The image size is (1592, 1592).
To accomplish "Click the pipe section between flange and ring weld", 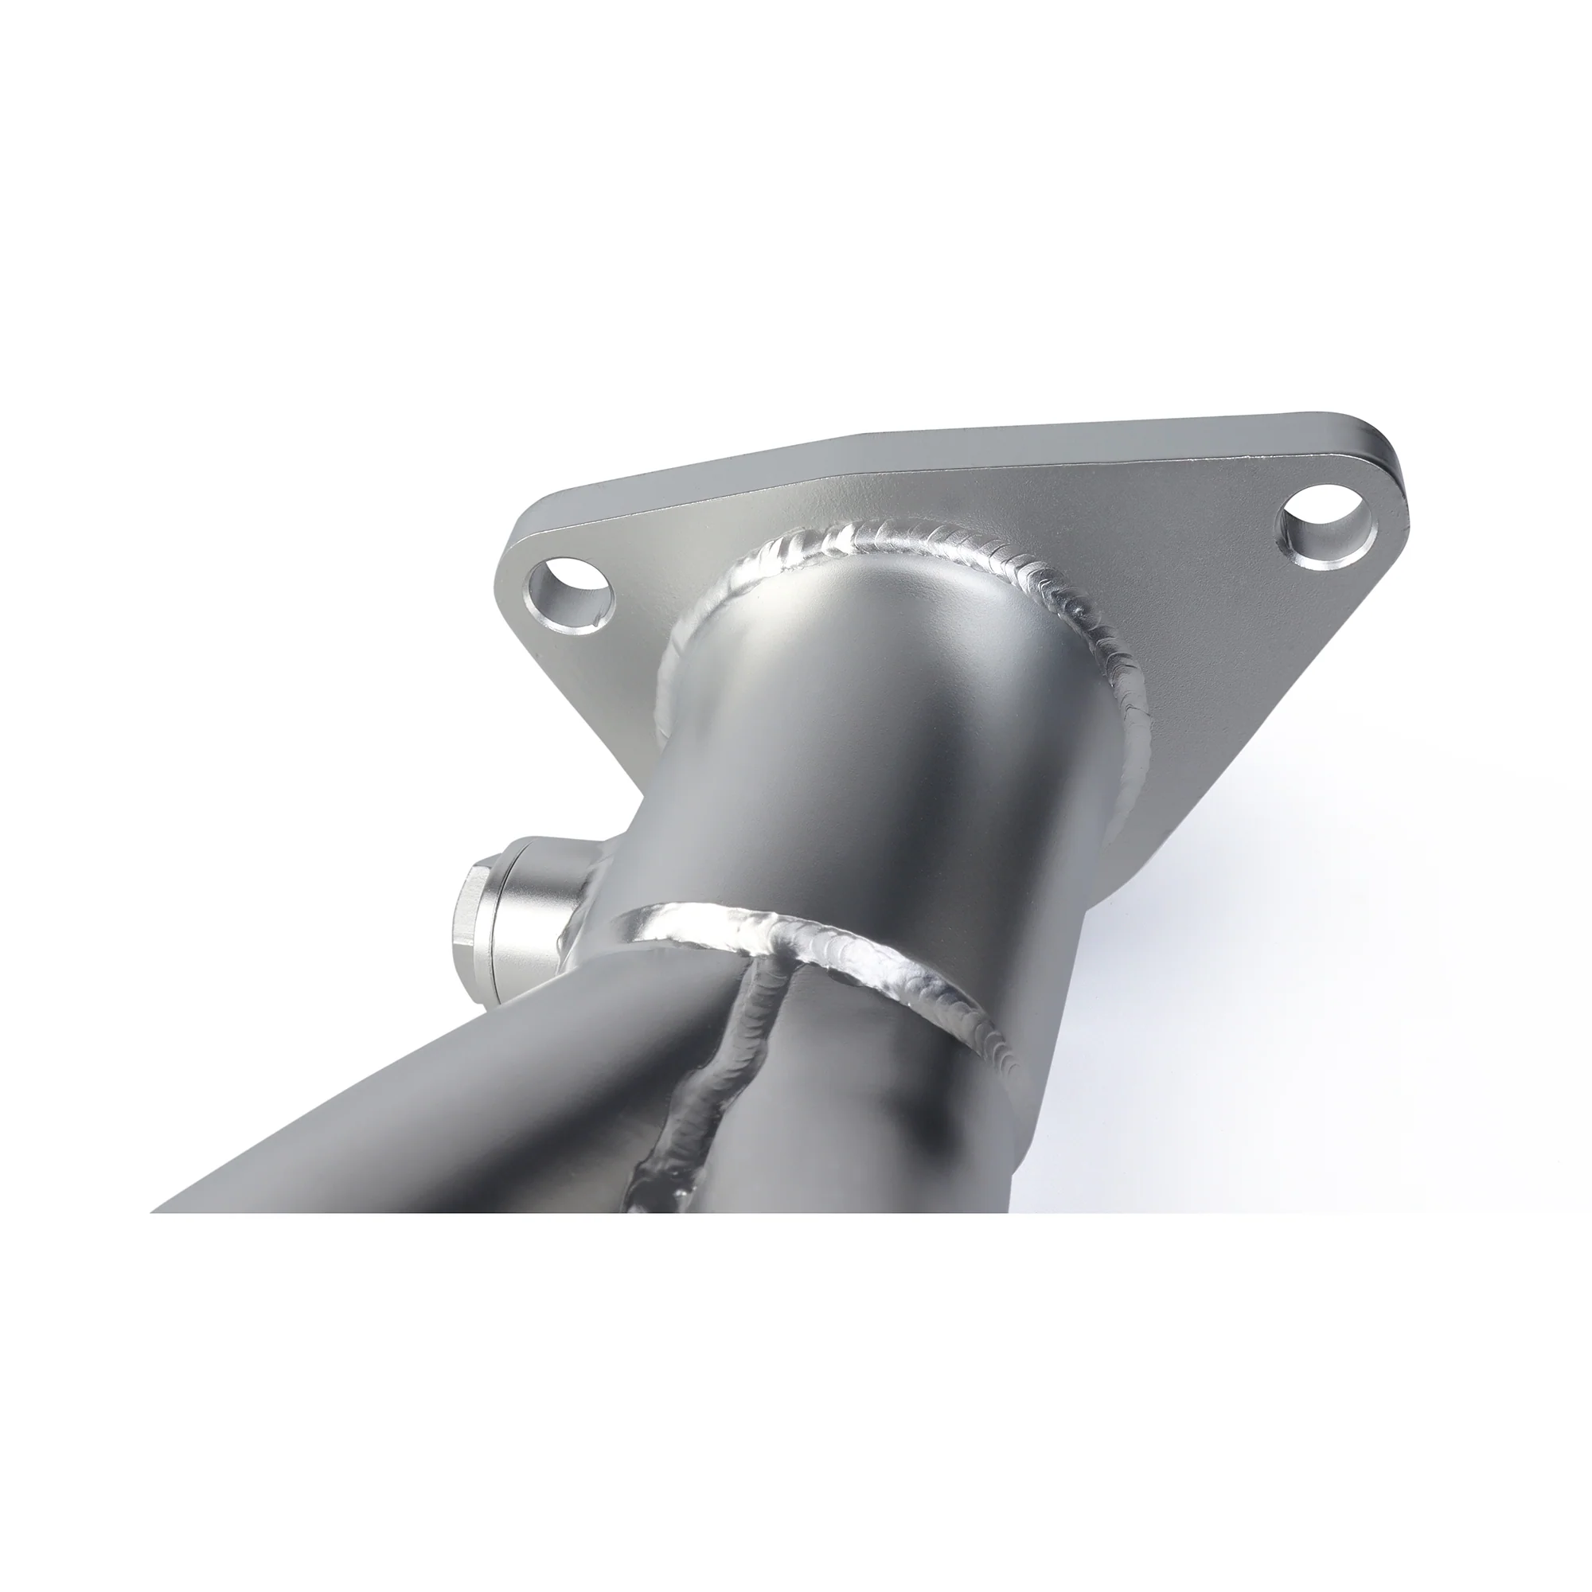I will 865,742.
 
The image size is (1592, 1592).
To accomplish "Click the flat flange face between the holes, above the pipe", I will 907,494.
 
